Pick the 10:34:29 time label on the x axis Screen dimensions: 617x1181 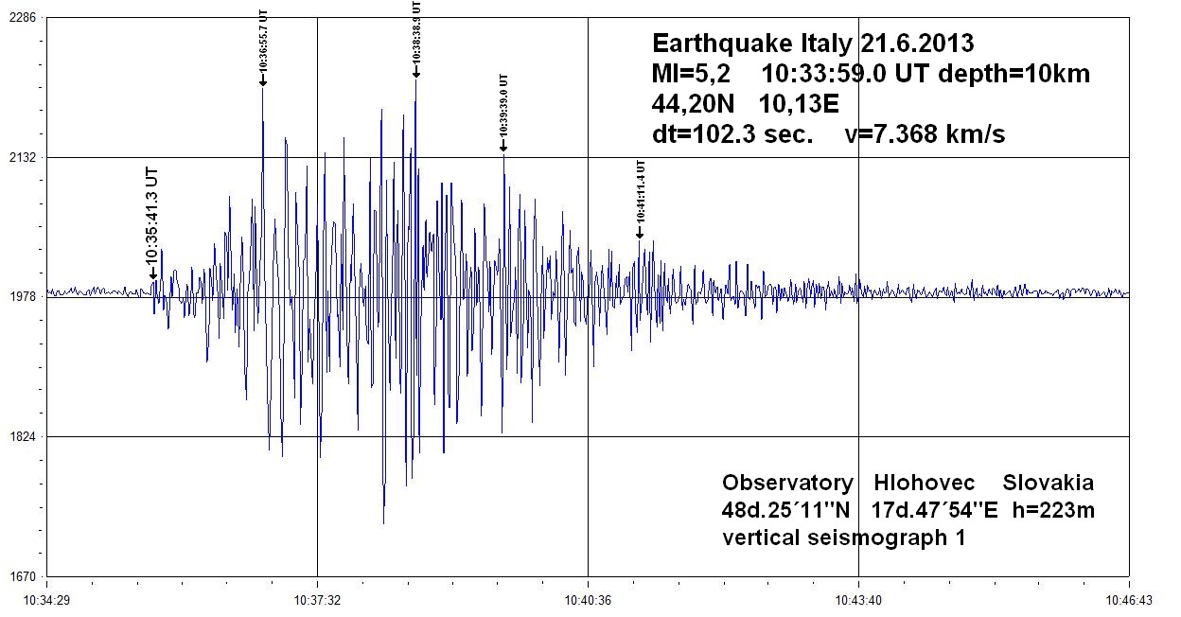click(x=46, y=599)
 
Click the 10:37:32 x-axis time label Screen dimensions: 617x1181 click(x=317, y=599)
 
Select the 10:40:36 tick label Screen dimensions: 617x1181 click(x=588, y=599)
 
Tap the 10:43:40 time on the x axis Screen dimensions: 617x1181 click(x=858, y=599)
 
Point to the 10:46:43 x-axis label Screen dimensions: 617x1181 click(x=1129, y=599)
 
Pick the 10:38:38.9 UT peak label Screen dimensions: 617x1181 click(x=416, y=32)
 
